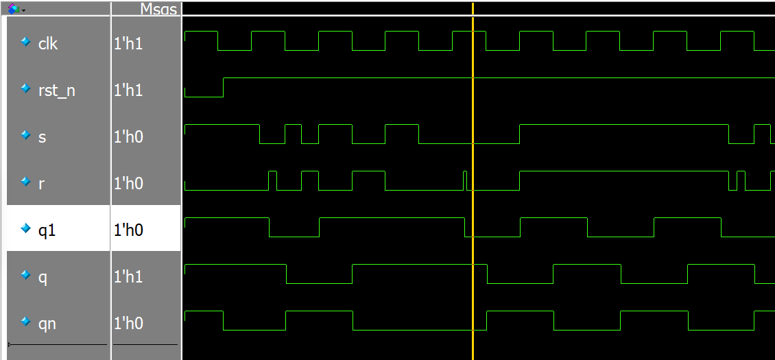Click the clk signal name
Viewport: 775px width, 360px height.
click(48, 43)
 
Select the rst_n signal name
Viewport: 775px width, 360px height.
click(57, 90)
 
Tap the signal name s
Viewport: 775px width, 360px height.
click(43, 136)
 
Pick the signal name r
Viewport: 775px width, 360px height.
click(42, 183)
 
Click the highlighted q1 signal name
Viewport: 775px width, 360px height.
click(47, 230)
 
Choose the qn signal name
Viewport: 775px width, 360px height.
click(47, 323)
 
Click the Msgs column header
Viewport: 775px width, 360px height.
click(158, 9)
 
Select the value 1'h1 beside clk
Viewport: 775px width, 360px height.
click(128, 43)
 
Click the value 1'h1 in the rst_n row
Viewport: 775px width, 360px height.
click(128, 90)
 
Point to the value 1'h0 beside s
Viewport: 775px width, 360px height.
click(128, 136)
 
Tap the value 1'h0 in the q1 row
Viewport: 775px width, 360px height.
click(128, 230)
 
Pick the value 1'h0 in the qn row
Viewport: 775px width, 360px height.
click(128, 323)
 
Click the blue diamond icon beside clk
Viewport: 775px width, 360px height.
click(26, 43)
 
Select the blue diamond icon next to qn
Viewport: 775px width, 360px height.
click(26, 322)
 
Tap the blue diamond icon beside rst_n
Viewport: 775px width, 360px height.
click(26, 89)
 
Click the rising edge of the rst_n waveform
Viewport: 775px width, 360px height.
click(224, 87)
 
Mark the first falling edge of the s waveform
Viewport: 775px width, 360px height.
click(260, 134)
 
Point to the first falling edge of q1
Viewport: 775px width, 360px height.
click(270, 227)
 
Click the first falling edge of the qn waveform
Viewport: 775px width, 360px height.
click(224, 320)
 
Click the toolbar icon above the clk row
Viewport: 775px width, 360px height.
click(13, 9)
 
